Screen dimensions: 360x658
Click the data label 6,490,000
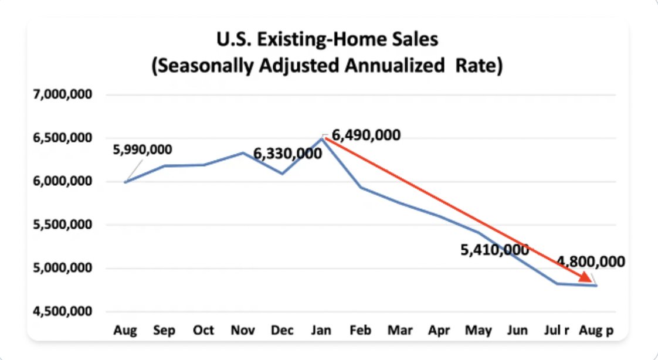[x=367, y=135]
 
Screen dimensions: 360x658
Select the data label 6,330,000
[x=287, y=154]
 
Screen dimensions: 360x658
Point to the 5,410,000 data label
[x=494, y=250]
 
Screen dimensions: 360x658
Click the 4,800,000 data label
[x=591, y=261]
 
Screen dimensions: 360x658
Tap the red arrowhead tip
[x=591, y=280]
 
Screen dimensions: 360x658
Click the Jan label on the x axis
[x=321, y=331]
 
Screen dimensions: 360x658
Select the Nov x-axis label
[x=243, y=331]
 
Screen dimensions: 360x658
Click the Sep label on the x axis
[x=164, y=331]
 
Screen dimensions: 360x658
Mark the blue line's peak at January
[x=322, y=138]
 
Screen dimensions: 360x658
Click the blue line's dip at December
[x=283, y=174]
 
